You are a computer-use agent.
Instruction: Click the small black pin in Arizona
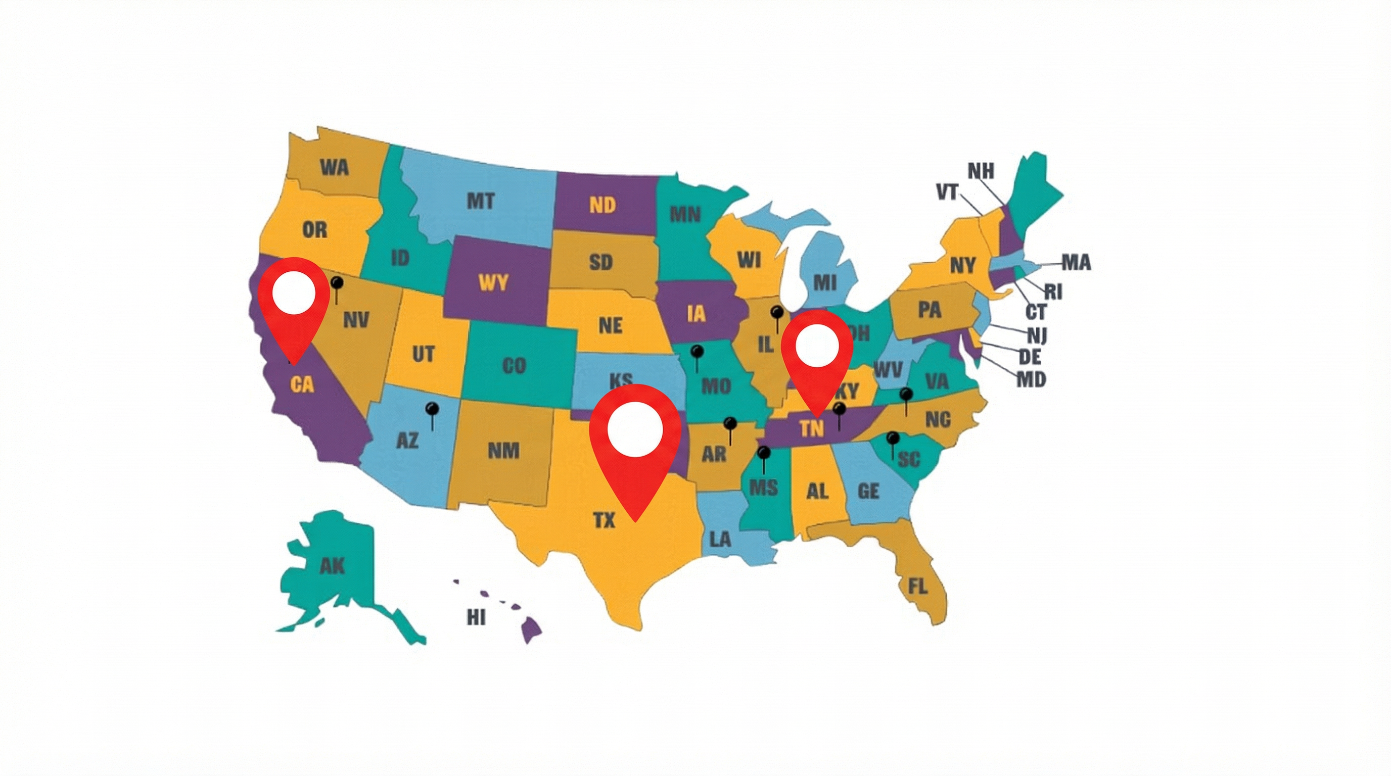point(432,410)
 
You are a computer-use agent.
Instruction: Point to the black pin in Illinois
point(776,314)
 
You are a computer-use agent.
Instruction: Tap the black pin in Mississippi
point(764,453)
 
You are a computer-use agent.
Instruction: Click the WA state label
point(334,168)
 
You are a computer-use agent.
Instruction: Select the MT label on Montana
point(480,201)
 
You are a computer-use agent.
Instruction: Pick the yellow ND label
point(602,205)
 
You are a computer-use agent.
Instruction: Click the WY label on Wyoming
point(493,282)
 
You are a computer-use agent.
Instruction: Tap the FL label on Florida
point(917,586)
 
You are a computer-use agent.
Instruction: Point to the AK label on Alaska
point(332,566)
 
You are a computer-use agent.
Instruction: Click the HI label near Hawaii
point(476,617)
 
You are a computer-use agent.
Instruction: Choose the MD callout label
point(1031,379)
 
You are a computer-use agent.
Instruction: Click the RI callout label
point(1052,292)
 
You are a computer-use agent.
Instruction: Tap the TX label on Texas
point(604,520)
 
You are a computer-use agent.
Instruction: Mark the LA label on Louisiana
point(719,539)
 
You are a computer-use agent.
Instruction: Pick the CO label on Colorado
point(514,366)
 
